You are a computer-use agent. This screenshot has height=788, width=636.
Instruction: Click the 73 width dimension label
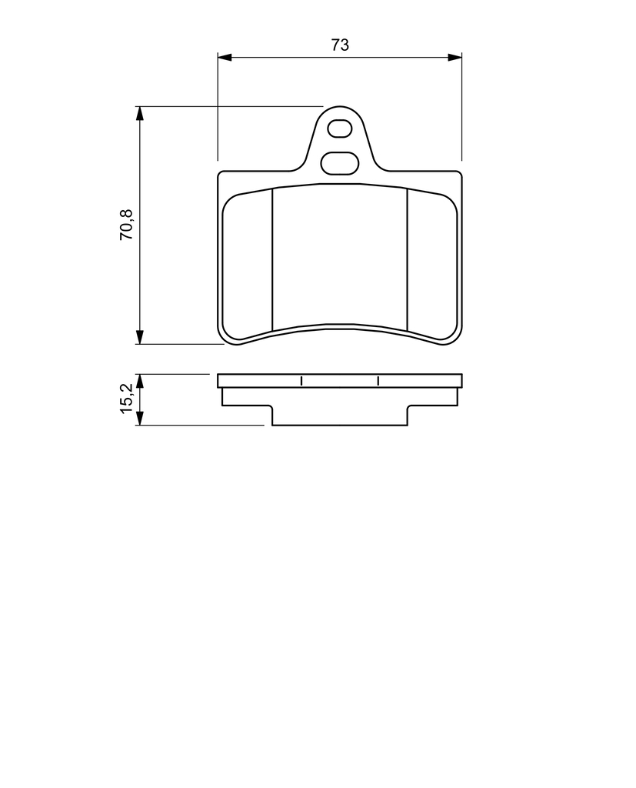[340, 45]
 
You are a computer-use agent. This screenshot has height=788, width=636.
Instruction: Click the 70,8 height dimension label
[127, 224]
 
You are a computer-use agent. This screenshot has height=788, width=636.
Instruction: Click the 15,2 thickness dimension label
[127, 398]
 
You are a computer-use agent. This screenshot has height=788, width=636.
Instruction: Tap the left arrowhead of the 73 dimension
[224, 57]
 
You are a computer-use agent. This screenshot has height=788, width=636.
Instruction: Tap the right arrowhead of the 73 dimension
[455, 57]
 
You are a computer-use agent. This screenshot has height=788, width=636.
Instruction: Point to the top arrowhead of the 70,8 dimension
[140, 113]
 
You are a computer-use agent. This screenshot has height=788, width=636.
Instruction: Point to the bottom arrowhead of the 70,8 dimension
[140, 337]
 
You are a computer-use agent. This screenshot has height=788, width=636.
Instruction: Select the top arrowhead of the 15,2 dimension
[140, 381]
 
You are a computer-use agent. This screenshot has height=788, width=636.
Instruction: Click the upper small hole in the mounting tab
[339, 129]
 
